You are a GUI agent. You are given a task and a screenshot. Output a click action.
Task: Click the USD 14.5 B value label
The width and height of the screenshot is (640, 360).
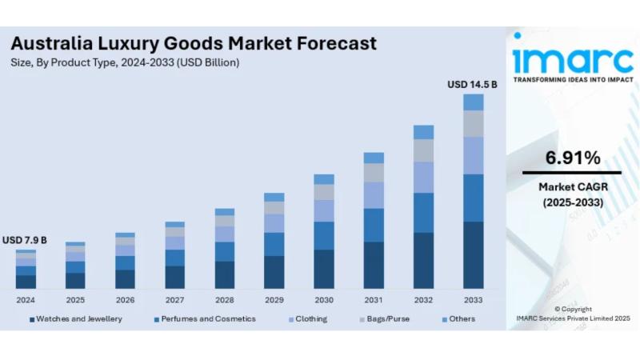click(472, 84)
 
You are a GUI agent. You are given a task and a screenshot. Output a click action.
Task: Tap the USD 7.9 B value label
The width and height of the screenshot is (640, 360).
click(25, 240)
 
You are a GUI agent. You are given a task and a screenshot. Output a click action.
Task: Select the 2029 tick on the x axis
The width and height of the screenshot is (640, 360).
click(274, 300)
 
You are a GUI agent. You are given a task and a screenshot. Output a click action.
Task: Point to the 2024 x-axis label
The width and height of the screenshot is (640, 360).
click(26, 300)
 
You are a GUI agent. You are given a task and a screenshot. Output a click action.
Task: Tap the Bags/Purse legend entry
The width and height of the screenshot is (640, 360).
click(387, 318)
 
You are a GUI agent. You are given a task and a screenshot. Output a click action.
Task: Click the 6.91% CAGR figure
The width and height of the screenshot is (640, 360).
click(572, 158)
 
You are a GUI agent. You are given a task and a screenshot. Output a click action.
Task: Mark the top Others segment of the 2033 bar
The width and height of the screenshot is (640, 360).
click(474, 102)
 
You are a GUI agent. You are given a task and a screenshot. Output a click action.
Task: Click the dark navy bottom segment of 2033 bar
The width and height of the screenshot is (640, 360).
click(474, 254)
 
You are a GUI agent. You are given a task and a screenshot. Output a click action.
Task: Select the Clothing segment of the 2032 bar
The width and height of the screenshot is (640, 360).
click(423, 177)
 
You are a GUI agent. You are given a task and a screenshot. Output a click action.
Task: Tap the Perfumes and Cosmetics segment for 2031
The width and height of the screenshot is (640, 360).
click(374, 225)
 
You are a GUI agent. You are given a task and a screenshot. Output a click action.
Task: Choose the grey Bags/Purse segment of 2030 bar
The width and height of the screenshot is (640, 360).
click(324, 192)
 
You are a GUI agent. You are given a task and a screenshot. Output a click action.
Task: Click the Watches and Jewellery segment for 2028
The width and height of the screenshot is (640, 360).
click(225, 274)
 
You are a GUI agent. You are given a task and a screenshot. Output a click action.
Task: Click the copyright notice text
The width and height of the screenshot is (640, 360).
click(573, 313)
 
